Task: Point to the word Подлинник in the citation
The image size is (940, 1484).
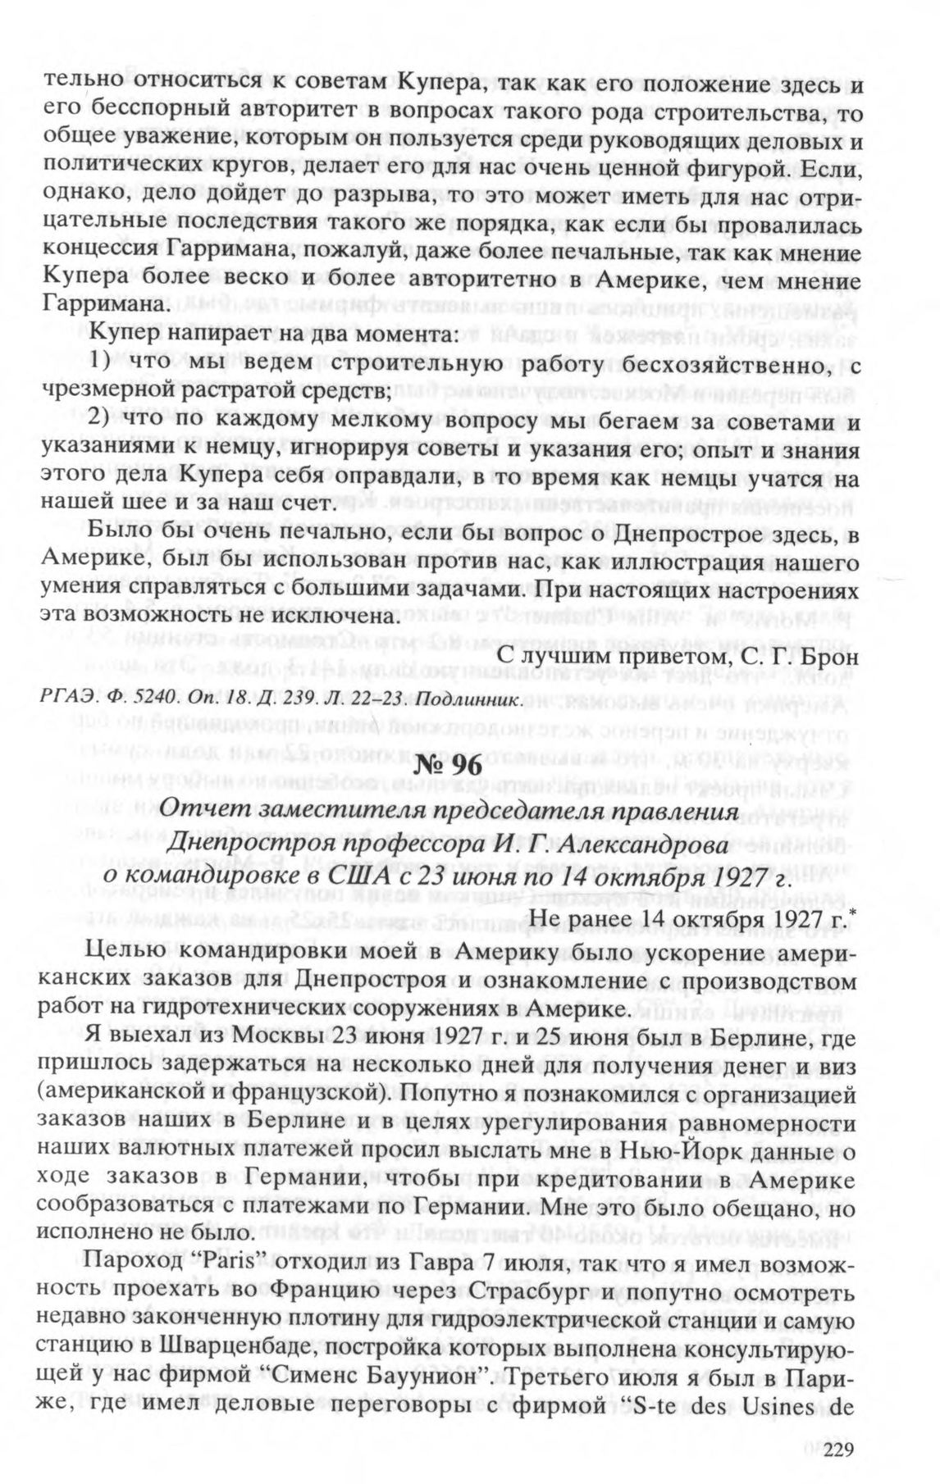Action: [468, 699]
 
